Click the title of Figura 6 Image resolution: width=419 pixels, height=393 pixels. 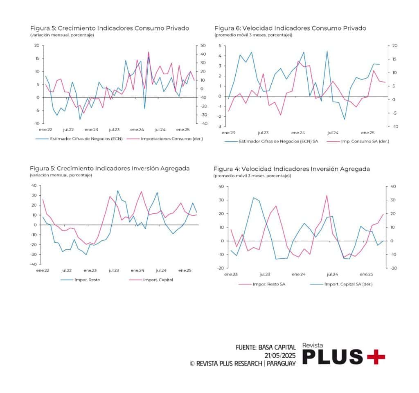[x=290, y=28]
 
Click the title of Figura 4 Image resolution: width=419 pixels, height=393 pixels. [x=291, y=169]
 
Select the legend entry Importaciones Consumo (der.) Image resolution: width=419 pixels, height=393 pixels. [x=171, y=138]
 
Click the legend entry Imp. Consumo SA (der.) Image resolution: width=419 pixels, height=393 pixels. [x=360, y=141]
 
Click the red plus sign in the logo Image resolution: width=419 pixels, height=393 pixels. [x=376, y=357]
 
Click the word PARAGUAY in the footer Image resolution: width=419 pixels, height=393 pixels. [x=281, y=364]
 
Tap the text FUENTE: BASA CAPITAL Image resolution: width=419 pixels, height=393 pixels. [x=266, y=348]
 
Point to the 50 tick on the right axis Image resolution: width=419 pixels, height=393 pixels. [x=202, y=45]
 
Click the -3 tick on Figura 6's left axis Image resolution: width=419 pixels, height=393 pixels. [x=220, y=126]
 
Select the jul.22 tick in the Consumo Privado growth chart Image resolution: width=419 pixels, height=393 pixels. [x=68, y=129]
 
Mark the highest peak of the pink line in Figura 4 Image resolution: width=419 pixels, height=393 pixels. [x=327, y=195]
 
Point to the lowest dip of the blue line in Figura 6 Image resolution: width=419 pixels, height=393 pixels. [x=345, y=119]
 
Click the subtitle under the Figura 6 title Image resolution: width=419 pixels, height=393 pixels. [x=253, y=35]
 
